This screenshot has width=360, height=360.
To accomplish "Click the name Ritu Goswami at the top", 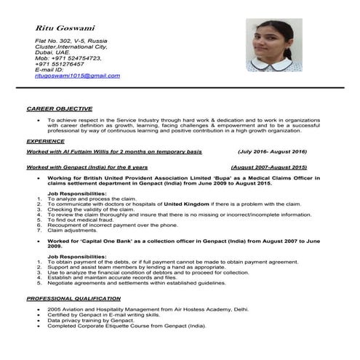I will tap(64, 28).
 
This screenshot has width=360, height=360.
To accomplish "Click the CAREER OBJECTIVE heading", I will tap(60, 108).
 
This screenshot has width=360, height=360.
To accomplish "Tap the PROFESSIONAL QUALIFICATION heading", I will tap(73, 299).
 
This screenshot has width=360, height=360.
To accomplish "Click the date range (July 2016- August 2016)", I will tap(272, 152).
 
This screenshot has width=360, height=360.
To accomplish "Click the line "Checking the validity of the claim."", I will tap(94, 210).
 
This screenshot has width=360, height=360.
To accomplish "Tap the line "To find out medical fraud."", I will tap(82, 220).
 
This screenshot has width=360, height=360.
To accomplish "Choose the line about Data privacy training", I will tap(92, 320).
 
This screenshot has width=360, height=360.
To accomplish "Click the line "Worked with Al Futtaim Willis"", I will tap(114, 152).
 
